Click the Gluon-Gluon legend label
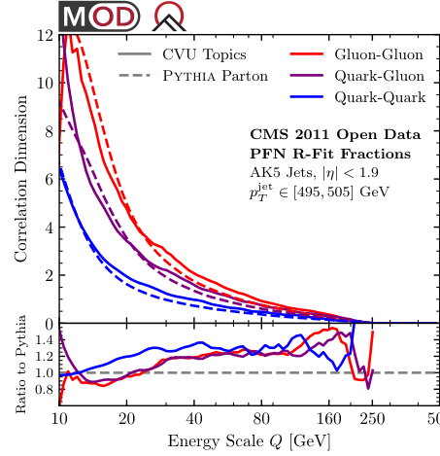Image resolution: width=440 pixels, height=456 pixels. tap(379, 55)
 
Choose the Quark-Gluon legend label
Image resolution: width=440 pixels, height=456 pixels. tap(379, 76)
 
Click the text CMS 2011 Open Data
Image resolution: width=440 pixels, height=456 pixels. tap(335, 134)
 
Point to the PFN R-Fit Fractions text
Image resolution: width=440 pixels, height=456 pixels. tap(330, 153)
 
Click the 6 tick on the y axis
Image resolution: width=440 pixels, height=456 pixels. tap(47, 179)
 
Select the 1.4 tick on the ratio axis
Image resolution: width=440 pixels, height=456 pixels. tap(41, 339)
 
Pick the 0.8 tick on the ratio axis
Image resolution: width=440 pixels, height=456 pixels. tap(41, 389)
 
